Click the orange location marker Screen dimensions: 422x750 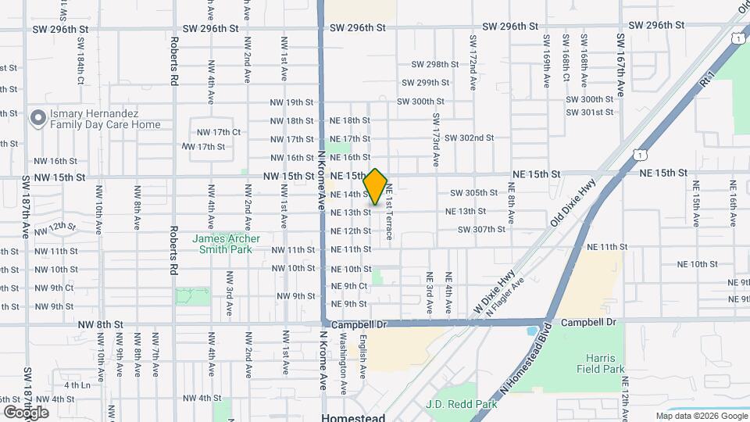pos(376,186)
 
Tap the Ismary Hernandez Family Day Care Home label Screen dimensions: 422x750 pos(105,119)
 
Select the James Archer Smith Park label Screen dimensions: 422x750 pos(227,244)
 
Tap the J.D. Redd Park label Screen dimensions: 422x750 pos(462,405)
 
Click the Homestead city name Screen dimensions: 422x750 pos(353,417)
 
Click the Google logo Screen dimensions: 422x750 pos(26,412)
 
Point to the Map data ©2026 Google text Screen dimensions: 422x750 pos(701,417)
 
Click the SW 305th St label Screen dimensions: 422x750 pos(473,193)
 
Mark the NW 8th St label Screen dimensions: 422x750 pos(100,324)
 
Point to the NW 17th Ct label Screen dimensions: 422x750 pos(218,132)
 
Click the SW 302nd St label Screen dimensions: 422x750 pos(469,138)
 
